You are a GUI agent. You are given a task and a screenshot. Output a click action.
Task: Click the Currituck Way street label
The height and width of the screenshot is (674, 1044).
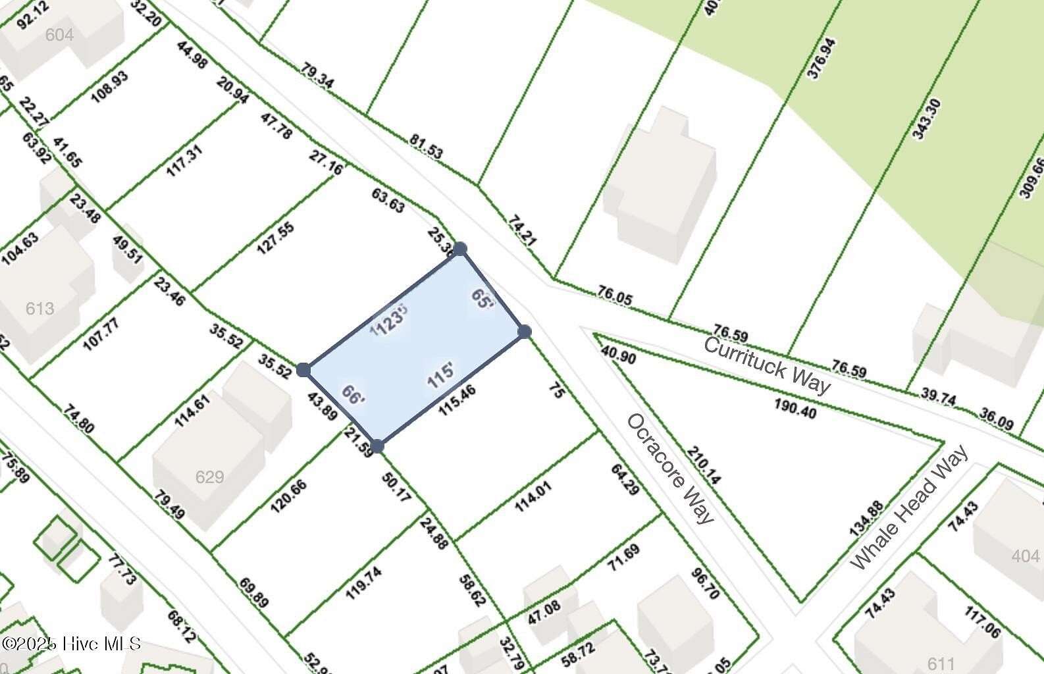[766, 365]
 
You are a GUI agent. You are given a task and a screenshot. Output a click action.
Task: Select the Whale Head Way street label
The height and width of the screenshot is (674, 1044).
[910, 507]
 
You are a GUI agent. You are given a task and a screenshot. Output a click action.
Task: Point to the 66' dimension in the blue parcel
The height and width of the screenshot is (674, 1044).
[353, 395]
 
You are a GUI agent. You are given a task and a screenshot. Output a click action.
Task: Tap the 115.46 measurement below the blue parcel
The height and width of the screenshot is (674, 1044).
[457, 400]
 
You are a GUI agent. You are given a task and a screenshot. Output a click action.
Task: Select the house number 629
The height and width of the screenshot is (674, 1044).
[209, 477]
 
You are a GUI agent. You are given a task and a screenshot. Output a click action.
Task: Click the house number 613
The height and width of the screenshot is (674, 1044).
[39, 308]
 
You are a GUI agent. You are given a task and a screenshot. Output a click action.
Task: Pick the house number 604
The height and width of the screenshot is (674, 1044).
[59, 34]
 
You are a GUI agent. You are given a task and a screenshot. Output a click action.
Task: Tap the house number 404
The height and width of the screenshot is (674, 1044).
[1026, 557]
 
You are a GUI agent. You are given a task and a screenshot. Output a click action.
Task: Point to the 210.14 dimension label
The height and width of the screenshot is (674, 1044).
[704, 465]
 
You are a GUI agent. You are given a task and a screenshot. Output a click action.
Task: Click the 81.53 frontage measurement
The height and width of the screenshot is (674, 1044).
[426, 146]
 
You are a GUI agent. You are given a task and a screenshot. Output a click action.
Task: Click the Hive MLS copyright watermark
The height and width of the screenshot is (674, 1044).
[71, 643]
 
